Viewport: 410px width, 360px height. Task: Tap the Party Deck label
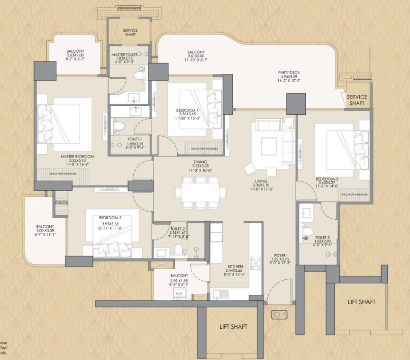tap(289, 73)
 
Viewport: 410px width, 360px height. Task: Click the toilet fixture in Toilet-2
tap(179, 249)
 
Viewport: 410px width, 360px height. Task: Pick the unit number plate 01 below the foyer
tap(278, 314)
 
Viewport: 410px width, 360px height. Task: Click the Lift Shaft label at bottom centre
tap(233, 327)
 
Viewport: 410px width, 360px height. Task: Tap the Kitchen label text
tap(236, 267)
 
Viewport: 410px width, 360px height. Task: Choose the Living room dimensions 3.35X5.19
tap(260, 186)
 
